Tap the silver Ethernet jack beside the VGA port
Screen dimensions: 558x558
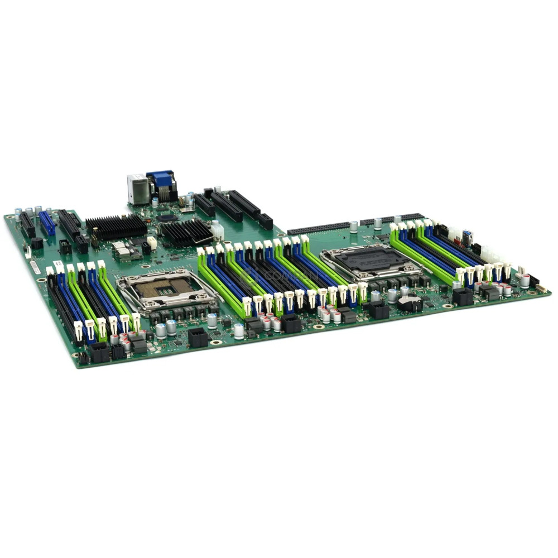coord(137,188)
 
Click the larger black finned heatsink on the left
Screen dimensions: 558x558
coord(116,226)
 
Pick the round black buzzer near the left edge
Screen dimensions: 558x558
coord(37,243)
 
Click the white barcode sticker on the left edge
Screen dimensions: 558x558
coord(35,266)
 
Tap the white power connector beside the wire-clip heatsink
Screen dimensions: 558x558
coord(217,230)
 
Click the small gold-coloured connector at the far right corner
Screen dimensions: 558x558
coord(540,288)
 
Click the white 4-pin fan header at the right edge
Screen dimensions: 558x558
coord(521,271)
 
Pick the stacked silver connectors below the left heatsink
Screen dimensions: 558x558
coord(122,251)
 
